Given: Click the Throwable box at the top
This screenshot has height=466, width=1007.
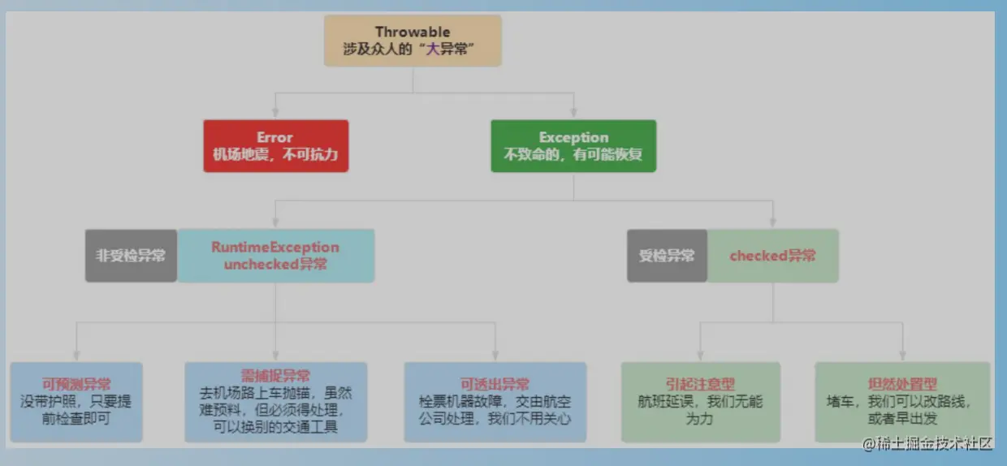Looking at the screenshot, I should pyautogui.click(x=413, y=41).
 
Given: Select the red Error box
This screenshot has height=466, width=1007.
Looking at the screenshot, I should pyautogui.click(x=275, y=146).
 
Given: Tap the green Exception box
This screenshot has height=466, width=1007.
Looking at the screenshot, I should pyautogui.click(x=573, y=146).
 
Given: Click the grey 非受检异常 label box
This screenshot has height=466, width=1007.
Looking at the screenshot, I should pyautogui.click(x=131, y=256).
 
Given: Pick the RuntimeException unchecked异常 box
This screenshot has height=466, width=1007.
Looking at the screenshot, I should pyautogui.click(x=276, y=256).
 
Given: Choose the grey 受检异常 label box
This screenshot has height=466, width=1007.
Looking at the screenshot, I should pyautogui.click(x=667, y=256).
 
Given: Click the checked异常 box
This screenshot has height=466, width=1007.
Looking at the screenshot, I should pyautogui.click(x=772, y=256).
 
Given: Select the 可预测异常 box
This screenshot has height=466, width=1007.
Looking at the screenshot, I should pyautogui.click(x=76, y=402).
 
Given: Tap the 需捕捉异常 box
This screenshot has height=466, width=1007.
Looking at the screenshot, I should pyautogui.click(x=275, y=402).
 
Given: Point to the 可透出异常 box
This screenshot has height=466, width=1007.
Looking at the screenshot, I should pyautogui.click(x=495, y=402).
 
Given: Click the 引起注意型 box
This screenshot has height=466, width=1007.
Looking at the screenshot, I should pyautogui.click(x=700, y=402).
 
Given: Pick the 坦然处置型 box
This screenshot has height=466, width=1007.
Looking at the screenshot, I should pyautogui.click(x=902, y=402).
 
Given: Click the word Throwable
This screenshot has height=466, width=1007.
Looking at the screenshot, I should pyautogui.click(x=413, y=32).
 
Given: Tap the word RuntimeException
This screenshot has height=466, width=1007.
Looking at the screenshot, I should pyautogui.click(x=275, y=247).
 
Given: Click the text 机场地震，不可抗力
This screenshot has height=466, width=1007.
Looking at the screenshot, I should pyautogui.click(x=275, y=154).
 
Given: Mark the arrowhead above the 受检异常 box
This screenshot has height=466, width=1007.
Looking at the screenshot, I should pyautogui.click(x=772, y=222).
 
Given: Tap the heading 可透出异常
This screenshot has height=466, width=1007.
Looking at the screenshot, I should pyautogui.click(x=495, y=384).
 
